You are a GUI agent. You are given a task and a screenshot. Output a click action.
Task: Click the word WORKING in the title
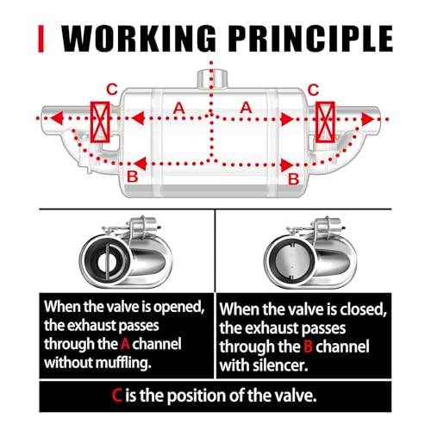(139, 38)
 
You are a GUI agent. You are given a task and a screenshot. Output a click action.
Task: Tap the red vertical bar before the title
(41, 39)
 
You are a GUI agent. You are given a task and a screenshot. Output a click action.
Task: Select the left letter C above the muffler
(112, 90)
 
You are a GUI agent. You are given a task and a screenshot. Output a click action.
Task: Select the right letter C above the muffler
(313, 90)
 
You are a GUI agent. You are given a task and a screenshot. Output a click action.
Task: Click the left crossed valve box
(100, 122)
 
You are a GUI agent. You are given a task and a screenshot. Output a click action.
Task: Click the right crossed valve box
(325, 122)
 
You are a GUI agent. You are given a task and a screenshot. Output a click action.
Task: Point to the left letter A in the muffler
(178, 108)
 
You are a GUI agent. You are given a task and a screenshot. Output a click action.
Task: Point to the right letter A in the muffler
(246, 108)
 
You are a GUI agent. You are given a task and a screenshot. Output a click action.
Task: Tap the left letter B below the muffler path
(133, 177)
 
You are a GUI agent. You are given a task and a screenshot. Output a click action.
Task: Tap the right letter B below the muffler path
(294, 178)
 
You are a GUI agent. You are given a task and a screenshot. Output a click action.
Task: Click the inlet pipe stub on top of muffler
(212, 78)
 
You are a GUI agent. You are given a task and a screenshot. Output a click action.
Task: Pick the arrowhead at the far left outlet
(57, 118)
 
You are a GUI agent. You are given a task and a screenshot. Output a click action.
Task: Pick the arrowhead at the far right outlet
(367, 119)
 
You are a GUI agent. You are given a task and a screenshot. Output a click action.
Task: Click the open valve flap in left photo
(107, 262)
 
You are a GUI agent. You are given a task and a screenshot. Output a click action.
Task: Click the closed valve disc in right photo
(291, 262)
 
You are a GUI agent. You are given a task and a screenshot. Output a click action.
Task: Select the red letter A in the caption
(125, 344)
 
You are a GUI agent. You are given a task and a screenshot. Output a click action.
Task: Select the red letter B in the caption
(308, 347)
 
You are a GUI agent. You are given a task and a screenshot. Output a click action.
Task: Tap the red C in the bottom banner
(117, 396)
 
